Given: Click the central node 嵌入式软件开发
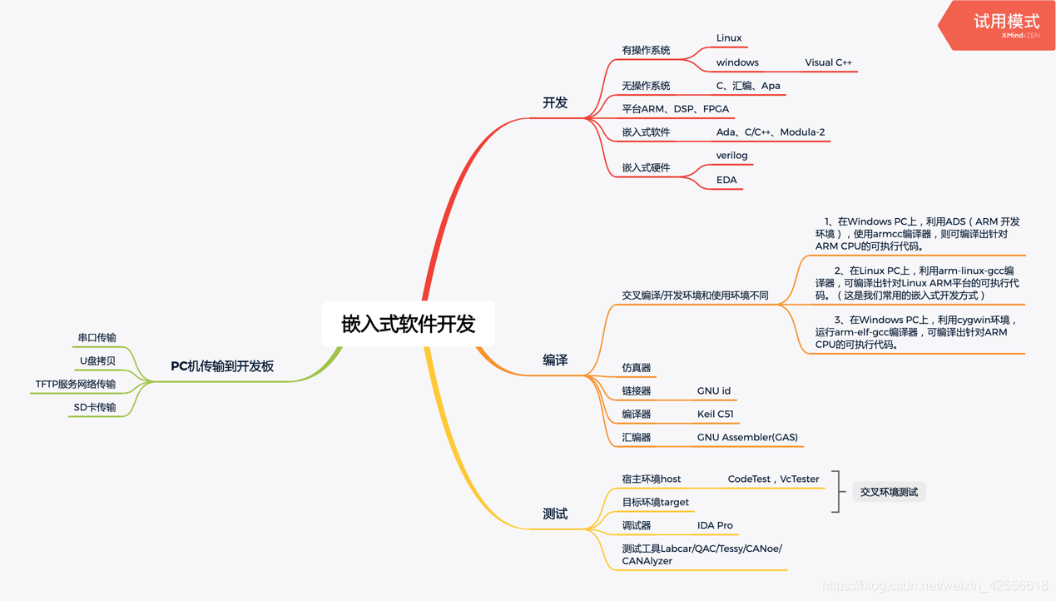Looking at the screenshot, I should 408,324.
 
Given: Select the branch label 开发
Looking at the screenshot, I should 555,102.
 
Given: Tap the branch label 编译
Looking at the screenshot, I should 555,360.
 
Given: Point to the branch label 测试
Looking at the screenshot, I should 555,514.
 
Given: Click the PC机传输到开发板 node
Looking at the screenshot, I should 222,366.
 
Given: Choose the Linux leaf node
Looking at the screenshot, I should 729,38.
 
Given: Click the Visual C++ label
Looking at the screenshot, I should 828,62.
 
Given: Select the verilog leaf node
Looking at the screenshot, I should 731,156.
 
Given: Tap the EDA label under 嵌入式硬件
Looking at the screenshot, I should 726,180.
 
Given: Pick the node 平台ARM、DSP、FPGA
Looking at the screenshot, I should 675,109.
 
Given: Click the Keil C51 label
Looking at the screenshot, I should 715,414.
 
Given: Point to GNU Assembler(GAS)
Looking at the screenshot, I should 747,437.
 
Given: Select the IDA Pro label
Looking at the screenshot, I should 715,525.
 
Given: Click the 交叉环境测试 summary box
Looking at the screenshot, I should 889,492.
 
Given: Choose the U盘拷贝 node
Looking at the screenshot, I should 97,360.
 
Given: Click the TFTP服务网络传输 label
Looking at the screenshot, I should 76,384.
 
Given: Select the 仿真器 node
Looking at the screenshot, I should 637,367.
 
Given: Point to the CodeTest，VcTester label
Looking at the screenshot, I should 773,479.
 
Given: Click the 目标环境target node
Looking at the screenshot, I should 656,502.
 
